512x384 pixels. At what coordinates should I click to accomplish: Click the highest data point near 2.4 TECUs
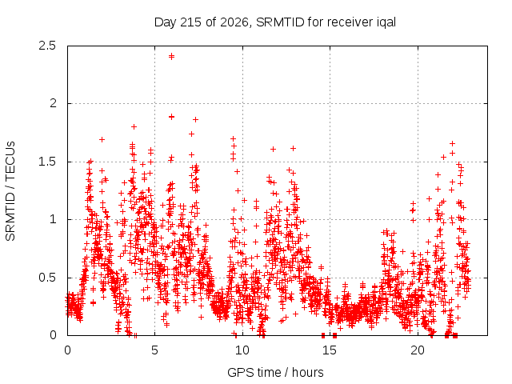coord(171,57)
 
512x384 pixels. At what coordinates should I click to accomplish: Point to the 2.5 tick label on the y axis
coord(47,46)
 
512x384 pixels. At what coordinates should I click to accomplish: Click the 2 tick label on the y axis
coord(54,103)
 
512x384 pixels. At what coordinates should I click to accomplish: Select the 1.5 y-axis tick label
coord(47,162)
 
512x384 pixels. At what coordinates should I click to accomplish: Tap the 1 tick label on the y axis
coord(54,219)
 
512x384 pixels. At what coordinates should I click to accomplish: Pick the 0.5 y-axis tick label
coord(47,278)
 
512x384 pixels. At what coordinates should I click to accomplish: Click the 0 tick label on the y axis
coord(54,335)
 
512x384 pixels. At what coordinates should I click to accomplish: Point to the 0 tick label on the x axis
coord(67,350)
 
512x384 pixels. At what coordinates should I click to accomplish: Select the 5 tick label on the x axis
coord(154,350)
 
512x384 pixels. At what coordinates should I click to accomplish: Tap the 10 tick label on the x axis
coord(242,350)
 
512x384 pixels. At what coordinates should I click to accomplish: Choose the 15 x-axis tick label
coord(330,350)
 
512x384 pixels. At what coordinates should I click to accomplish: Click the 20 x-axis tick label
coord(418,350)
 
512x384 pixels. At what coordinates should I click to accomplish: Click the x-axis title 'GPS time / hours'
coord(275,373)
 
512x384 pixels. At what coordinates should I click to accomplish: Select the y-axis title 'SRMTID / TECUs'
coord(10,191)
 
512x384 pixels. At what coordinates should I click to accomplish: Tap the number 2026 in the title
coord(235,22)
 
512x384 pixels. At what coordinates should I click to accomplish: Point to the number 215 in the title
coord(190,22)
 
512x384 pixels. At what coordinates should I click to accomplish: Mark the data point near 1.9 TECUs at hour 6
coord(171,117)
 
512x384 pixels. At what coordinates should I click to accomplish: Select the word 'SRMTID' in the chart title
coord(281,22)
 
